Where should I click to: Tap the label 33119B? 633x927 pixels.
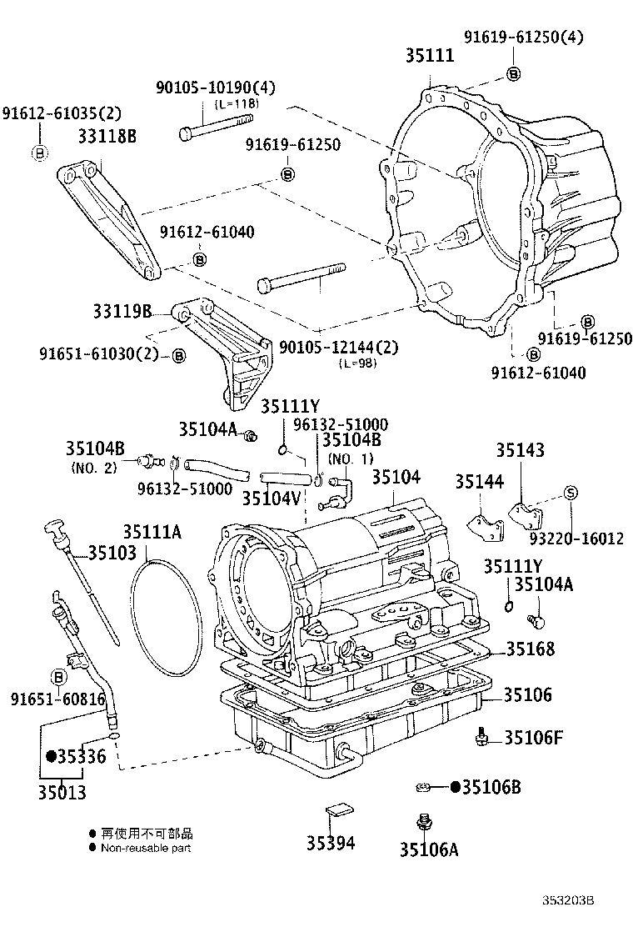[122, 312]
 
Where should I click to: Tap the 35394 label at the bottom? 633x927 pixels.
[331, 842]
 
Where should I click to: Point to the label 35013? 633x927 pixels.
[62, 791]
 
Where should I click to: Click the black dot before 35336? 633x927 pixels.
[50, 756]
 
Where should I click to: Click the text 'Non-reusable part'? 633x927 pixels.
[146, 848]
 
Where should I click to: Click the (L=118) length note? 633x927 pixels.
[237, 103]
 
